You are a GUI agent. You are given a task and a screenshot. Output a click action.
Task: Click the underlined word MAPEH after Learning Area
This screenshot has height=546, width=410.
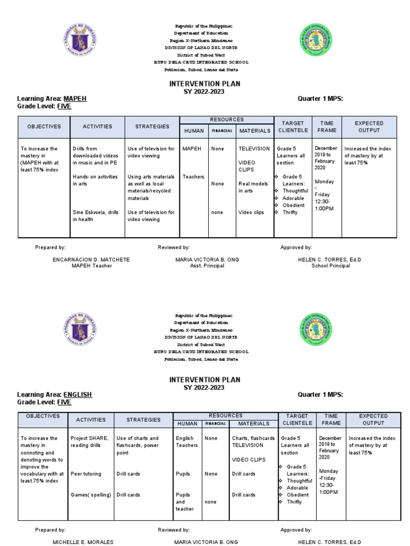click(x=75, y=99)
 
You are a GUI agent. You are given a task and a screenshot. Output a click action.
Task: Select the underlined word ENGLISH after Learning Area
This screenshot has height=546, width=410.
click(x=77, y=395)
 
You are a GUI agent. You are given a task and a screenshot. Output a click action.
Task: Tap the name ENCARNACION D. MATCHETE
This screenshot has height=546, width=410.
click(x=91, y=260)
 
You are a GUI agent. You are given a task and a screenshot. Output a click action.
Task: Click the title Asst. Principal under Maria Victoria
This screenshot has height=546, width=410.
click(x=207, y=266)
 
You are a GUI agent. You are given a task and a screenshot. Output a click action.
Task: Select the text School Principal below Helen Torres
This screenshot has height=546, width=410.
click(x=330, y=266)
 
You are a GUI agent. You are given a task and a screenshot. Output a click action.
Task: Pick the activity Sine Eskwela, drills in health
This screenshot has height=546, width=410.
click(x=97, y=215)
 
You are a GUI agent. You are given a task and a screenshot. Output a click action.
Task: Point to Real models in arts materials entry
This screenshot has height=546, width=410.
click(x=252, y=187)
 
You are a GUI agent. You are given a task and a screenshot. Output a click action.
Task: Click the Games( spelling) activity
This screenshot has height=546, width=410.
click(x=91, y=495)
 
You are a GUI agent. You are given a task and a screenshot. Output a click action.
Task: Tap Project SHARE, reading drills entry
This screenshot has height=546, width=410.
click(x=90, y=441)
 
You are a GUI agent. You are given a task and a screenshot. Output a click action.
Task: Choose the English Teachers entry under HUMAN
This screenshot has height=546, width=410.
click(x=186, y=441)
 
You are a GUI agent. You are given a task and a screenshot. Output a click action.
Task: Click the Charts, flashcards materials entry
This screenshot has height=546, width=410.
click(x=253, y=438)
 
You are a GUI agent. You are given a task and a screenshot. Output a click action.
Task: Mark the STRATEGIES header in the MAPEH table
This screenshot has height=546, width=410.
click(x=152, y=127)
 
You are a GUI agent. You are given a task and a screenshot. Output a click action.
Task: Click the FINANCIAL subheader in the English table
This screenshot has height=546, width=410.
click(x=216, y=424)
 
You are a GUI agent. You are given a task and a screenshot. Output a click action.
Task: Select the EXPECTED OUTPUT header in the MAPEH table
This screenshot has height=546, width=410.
click(x=369, y=127)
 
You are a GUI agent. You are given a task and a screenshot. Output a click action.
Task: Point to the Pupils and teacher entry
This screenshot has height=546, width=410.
click(x=184, y=502)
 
